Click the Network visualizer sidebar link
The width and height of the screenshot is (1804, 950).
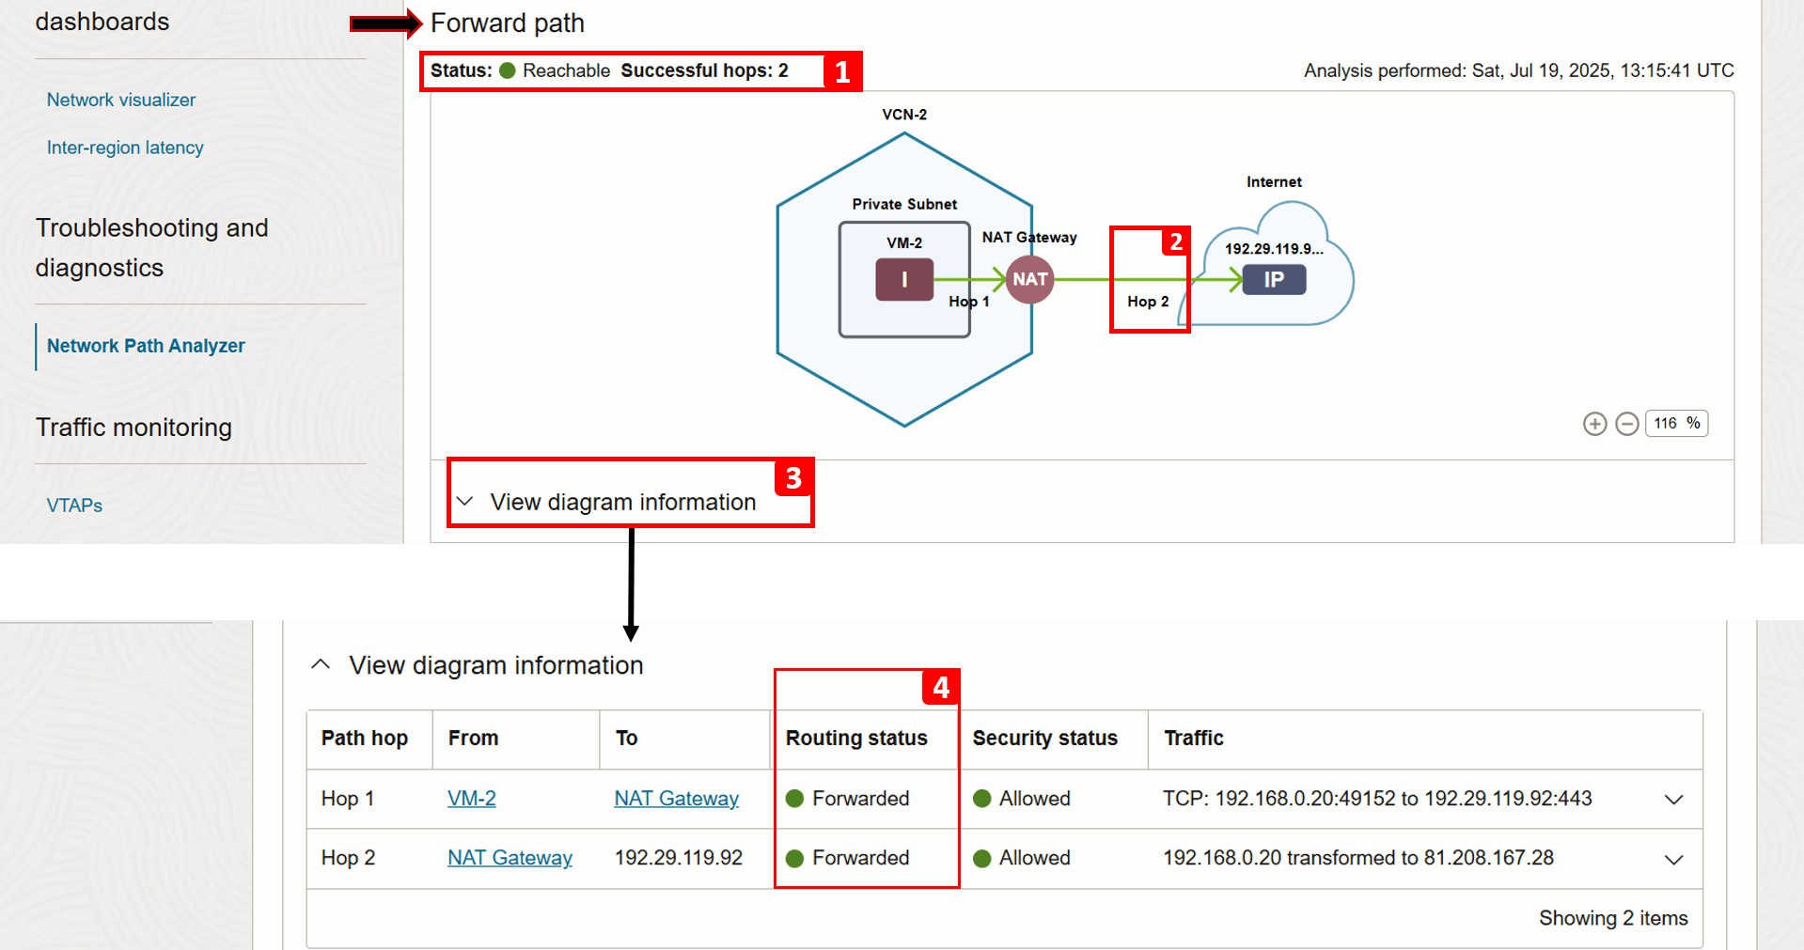tap(121, 100)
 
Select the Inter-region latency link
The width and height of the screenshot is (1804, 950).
tap(125, 148)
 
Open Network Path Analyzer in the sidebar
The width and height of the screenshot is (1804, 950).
tap(146, 346)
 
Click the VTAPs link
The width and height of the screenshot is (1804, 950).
tap(74, 506)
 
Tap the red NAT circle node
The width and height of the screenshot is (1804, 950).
tap(1029, 280)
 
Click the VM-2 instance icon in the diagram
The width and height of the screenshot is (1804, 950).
tap(904, 280)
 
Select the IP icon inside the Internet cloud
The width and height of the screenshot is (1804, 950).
tap(1274, 280)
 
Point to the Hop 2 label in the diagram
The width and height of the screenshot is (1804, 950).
tap(1148, 302)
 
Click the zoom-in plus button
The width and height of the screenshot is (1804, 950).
tap(1594, 424)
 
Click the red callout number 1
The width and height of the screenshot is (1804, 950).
tap(842, 71)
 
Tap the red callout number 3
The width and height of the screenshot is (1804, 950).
tap(794, 478)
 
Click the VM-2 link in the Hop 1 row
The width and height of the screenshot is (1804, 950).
tap(472, 799)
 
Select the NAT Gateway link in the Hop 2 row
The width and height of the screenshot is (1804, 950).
tap(510, 858)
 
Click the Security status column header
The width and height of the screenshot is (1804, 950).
tap(1044, 739)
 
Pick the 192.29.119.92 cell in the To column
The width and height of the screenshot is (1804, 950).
tap(679, 858)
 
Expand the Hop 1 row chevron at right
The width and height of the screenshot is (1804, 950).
tap(1673, 800)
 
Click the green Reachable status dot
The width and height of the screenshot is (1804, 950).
tap(508, 70)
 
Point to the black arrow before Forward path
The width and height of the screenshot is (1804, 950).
tap(385, 23)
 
